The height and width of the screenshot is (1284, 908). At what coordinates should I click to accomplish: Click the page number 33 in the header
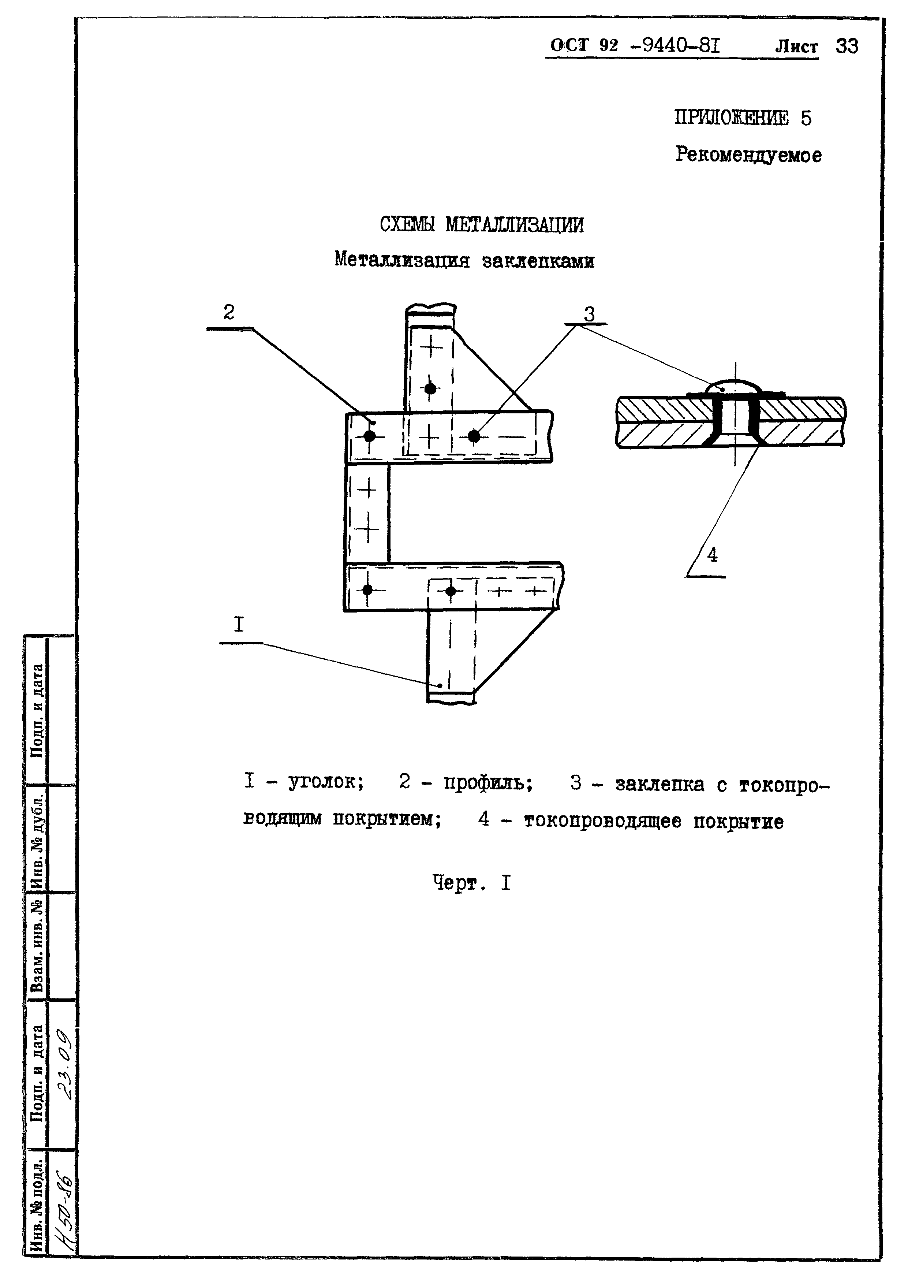(x=847, y=46)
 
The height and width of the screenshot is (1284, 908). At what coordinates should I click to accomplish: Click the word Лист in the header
(x=796, y=46)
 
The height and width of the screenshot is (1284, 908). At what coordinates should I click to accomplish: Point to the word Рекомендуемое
(x=748, y=155)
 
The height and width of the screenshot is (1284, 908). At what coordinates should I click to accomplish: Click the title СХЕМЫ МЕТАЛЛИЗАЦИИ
(x=481, y=225)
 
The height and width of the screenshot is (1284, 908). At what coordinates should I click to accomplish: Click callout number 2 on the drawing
(x=229, y=312)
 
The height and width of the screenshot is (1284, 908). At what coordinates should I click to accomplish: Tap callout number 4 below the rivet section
(x=712, y=555)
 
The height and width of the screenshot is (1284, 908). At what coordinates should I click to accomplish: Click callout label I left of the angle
(x=239, y=625)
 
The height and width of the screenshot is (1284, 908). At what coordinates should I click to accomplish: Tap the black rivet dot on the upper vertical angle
(x=430, y=388)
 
